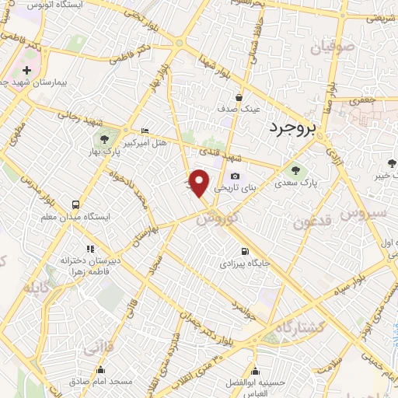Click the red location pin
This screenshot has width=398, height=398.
(201, 183)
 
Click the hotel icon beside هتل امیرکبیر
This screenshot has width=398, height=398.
(145, 131)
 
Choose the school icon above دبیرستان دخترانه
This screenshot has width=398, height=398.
(90, 249)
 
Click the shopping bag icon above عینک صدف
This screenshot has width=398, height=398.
(239, 97)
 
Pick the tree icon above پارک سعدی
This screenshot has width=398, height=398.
(294, 171)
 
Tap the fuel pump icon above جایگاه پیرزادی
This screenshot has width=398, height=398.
(246, 251)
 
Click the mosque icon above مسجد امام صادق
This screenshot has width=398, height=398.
(100, 370)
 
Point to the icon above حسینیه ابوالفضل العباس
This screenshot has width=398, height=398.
(258, 370)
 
